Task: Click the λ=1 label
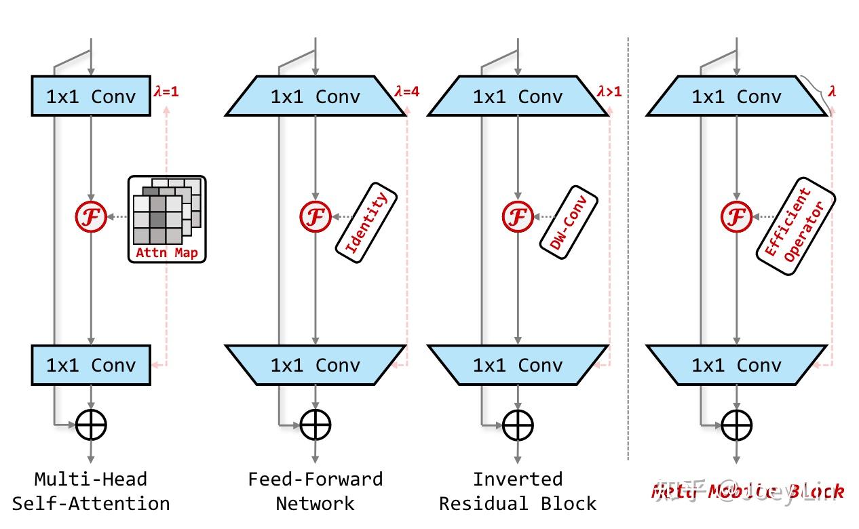click(x=166, y=91)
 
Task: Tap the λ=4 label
click(x=406, y=91)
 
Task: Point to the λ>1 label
click(x=609, y=91)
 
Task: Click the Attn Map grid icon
click(x=166, y=218)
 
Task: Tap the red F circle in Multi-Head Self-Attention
click(x=91, y=217)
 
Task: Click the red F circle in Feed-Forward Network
click(x=316, y=217)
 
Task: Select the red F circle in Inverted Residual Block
click(x=518, y=217)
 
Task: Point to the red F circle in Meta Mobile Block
click(x=736, y=217)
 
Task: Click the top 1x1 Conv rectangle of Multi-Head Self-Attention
click(x=91, y=96)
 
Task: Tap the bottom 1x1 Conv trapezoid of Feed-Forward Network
click(x=316, y=365)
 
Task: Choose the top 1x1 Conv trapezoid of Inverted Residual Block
click(x=518, y=96)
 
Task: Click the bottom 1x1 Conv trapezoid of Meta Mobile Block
click(x=736, y=365)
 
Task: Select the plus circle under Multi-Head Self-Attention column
click(x=91, y=425)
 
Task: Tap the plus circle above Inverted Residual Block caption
click(x=518, y=425)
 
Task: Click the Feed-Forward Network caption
click(x=316, y=491)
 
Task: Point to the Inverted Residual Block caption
click(x=518, y=491)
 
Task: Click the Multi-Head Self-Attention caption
click(x=91, y=491)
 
